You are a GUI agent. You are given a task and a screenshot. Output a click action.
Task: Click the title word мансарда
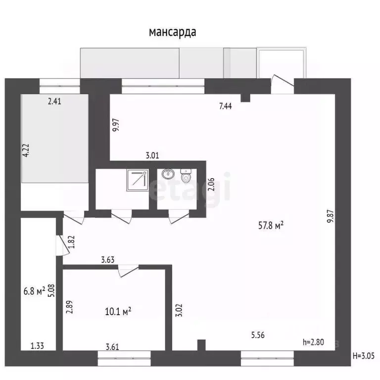pos(173,32)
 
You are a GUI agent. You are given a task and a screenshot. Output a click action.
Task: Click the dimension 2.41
pos(55,102)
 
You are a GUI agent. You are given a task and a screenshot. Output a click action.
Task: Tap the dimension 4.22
pos(26,150)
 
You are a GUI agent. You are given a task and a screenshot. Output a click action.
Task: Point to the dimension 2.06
pos(211,184)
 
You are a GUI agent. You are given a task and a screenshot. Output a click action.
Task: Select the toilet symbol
pos(187,176)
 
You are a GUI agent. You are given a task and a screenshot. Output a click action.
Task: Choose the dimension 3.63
pos(108,258)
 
